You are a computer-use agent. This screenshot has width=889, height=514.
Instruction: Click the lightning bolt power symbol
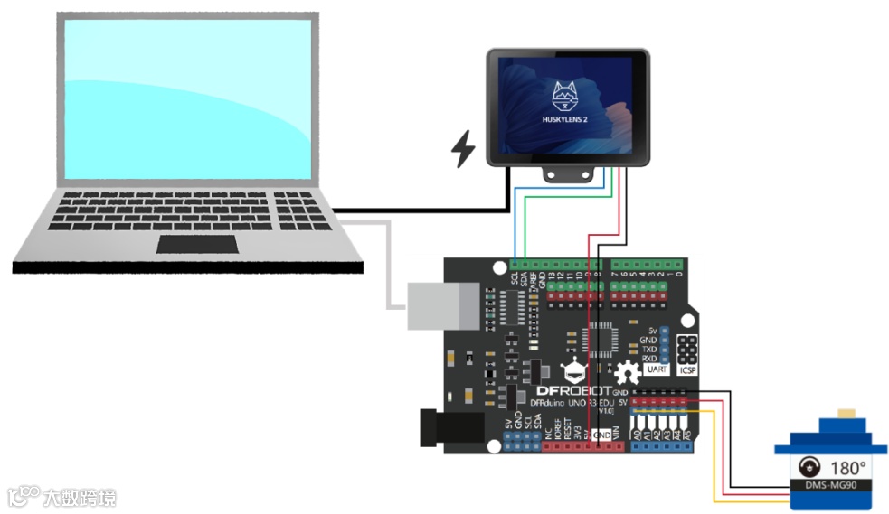[464, 149]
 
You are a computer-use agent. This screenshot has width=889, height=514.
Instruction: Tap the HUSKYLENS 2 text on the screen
[567, 119]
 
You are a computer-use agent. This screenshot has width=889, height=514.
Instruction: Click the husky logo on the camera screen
[566, 94]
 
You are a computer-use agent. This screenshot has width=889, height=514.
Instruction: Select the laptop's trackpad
[197, 244]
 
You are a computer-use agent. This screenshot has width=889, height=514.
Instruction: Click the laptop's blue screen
[188, 99]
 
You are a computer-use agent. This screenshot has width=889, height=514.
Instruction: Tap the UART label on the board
[657, 369]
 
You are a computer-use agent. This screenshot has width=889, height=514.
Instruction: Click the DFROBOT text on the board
[576, 391]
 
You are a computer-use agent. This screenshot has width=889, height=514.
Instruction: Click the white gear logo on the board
[628, 371]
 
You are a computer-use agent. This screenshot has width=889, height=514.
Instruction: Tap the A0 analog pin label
[637, 435]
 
